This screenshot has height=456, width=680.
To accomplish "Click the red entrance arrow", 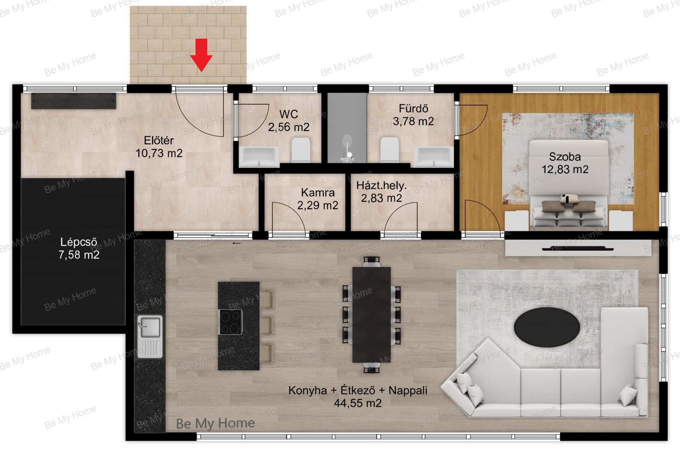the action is click(x=201, y=55).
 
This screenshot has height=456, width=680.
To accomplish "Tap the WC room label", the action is click(x=289, y=120).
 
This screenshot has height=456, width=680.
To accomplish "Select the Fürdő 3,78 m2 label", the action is click(x=413, y=115).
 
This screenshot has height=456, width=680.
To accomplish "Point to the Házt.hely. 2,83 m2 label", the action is click(x=381, y=191).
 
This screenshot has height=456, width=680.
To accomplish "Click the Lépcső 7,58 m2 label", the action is click(x=79, y=248).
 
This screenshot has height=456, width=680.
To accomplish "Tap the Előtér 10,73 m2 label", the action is click(x=159, y=147).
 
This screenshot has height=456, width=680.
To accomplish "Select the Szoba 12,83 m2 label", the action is click(x=565, y=163).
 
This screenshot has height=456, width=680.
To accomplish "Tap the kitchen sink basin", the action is click(x=150, y=327).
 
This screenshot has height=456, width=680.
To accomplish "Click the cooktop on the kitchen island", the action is click(x=231, y=322).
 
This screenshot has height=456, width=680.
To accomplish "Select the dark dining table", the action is click(x=372, y=315).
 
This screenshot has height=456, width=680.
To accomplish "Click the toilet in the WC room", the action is click(x=301, y=150).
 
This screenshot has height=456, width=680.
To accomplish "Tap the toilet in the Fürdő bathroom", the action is click(x=390, y=150).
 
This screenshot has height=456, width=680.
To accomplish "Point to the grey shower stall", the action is click(x=347, y=128).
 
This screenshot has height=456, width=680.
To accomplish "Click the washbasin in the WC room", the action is click(x=259, y=157).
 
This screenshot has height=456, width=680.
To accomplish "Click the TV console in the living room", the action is click(x=578, y=248).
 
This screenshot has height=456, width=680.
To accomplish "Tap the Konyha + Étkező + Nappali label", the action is click(x=358, y=396).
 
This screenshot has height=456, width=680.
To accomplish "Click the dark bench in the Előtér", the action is click(x=74, y=101).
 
